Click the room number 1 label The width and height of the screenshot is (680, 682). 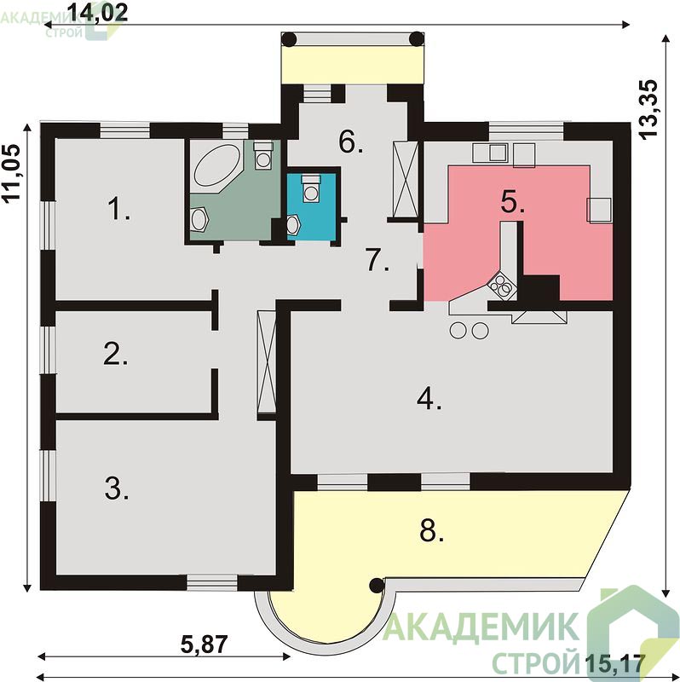tap(118, 209)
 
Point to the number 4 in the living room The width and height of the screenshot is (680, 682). tap(429, 398)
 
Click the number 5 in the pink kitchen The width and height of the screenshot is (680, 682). tap(513, 202)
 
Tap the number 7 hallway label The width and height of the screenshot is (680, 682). tap(377, 260)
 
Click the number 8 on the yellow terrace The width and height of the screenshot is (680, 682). tap(431, 530)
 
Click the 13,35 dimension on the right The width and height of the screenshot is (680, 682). tap(649, 109)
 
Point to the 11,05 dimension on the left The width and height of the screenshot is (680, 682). tap(11, 173)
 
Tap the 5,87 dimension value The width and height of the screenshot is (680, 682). tap(204, 644)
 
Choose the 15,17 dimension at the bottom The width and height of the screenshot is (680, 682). tap(614, 663)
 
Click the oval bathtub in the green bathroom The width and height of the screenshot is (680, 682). tap(217, 165)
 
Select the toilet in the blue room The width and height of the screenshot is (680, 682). tap(311, 188)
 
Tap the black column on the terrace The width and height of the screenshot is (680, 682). tap(377, 586)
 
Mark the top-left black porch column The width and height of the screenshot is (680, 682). tap(289, 39)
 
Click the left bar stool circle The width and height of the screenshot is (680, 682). tap(458, 331)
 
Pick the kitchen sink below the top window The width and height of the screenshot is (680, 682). tap(498, 153)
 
